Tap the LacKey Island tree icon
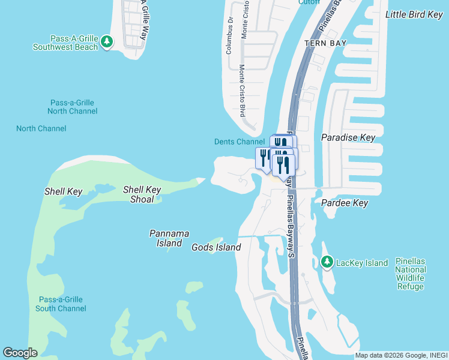point(327,262)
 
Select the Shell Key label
point(63,191)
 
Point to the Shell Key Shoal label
point(142,194)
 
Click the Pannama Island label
point(169,238)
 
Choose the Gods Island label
point(216,247)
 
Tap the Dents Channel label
point(240,142)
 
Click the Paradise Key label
point(348,137)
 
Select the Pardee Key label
point(345,203)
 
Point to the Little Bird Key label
point(414,14)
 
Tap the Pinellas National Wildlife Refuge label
point(411,274)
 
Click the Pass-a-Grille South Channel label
point(61,304)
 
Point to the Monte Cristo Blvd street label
point(243,90)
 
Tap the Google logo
point(20,353)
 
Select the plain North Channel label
point(41,128)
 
